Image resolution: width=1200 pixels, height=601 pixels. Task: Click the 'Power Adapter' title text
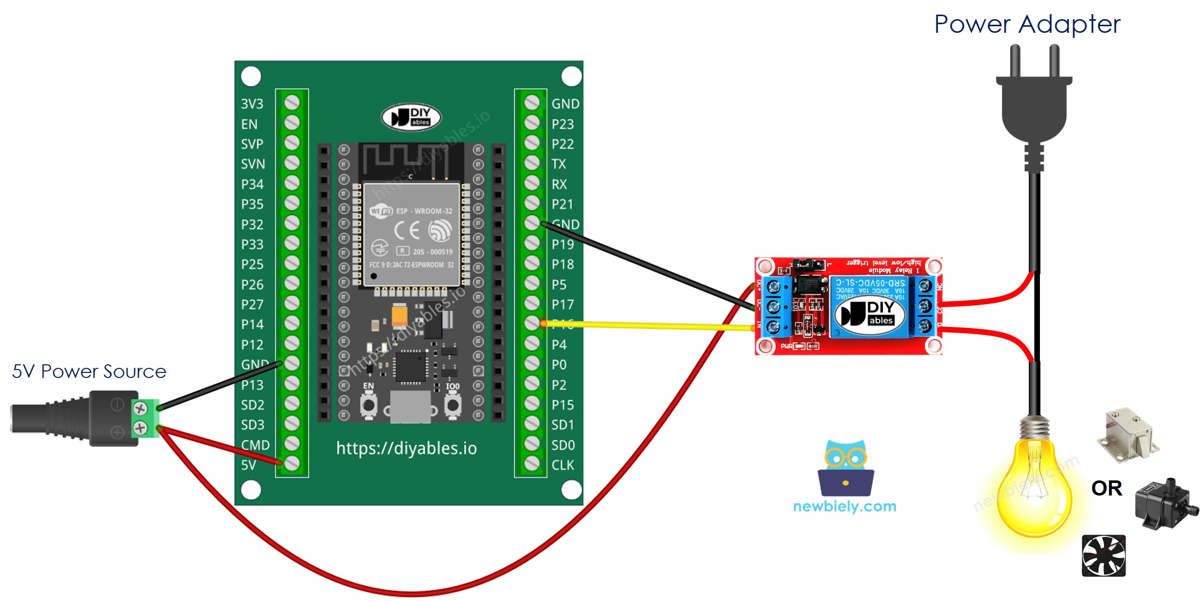point(1027,24)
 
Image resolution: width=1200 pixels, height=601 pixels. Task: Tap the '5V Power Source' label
point(89,371)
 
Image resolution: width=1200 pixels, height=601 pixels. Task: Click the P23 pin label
point(562,124)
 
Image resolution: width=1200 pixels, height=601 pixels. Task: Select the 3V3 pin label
point(252,104)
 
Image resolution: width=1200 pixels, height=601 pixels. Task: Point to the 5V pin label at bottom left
point(248,465)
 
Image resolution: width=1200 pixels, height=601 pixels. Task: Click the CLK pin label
point(562,465)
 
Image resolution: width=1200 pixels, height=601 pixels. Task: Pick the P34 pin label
point(252,184)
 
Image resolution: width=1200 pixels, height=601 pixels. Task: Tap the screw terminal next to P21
point(532,203)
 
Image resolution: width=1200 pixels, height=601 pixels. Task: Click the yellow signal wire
point(646,325)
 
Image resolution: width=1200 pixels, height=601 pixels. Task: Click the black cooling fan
point(1104,556)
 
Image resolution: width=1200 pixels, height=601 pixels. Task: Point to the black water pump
point(1164,504)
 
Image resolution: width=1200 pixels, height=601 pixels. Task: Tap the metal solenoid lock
point(1127,435)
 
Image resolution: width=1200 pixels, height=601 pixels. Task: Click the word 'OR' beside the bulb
point(1106,488)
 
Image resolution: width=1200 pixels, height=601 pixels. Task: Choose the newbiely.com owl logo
point(845,469)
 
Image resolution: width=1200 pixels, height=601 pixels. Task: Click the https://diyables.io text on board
point(406,448)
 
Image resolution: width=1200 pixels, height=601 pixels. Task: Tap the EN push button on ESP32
point(368,405)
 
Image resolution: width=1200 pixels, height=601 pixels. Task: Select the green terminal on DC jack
point(145,418)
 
